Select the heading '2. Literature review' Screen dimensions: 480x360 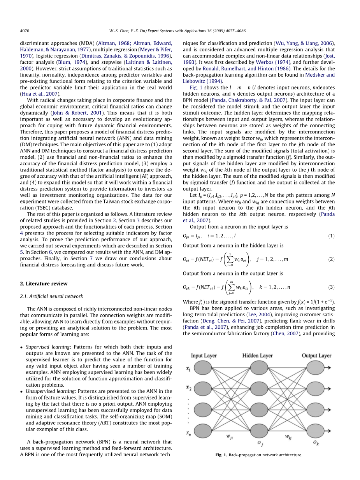(x=44, y=284)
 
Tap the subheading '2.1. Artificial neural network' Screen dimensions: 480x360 (x=51, y=296)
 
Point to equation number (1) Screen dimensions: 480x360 (x=331, y=236)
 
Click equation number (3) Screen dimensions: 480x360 (x=331, y=287)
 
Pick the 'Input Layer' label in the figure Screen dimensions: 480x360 (x=204, y=356)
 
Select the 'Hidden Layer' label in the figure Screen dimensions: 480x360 (x=257, y=356)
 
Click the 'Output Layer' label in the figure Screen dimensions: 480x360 (x=316, y=356)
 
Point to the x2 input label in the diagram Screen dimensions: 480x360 (x=188, y=388)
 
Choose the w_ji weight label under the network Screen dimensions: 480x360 (x=230, y=437)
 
